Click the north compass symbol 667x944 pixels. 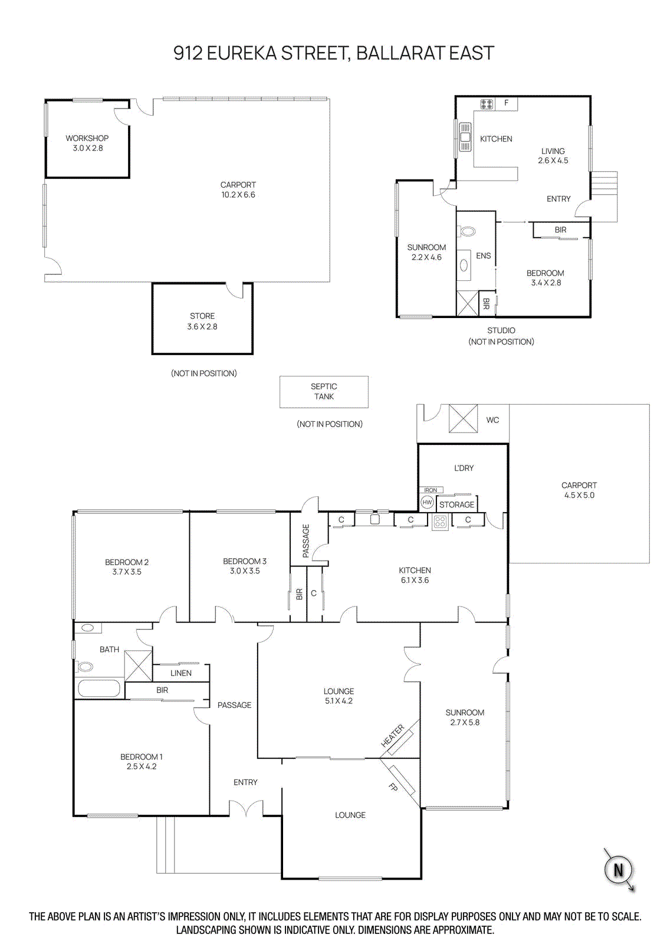point(618,870)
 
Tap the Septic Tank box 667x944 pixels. point(324,392)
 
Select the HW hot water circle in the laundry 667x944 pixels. point(427,502)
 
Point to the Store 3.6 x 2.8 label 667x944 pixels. point(202,322)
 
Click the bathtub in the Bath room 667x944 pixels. point(98,689)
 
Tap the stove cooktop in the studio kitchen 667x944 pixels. point(487,104)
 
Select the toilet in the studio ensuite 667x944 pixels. point(467,231)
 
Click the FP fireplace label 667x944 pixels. point(393,786)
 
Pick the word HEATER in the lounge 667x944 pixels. point(393,736)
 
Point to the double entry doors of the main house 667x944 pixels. point(246,809)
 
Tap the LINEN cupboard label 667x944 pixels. point(181,673)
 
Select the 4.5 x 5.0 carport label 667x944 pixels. point(579,490)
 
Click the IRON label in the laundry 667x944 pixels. point(431,490)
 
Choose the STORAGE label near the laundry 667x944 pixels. point(456,504)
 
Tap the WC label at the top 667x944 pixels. point(492,420)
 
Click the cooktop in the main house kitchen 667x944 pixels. point(440,521)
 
